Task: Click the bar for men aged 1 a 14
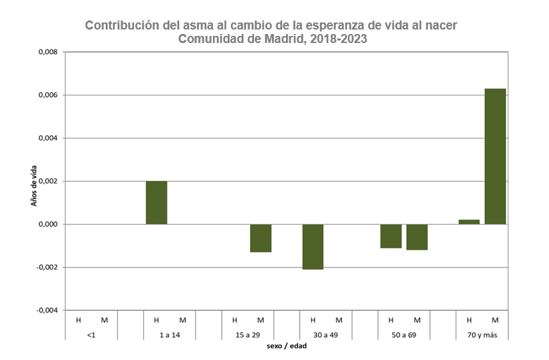click(156, 203)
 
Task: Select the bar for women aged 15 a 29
click(260, 238)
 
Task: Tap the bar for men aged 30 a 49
click(313, 246)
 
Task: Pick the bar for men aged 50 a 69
click(391, 236)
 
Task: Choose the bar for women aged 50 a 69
click(417, 237)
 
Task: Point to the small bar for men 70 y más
click(469, 222)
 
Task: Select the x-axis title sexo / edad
click(286, 347)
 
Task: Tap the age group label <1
click(91, 335)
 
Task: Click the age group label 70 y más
click(482, 335)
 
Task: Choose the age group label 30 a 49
click(325, 335)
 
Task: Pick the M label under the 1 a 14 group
click(182, 320)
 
